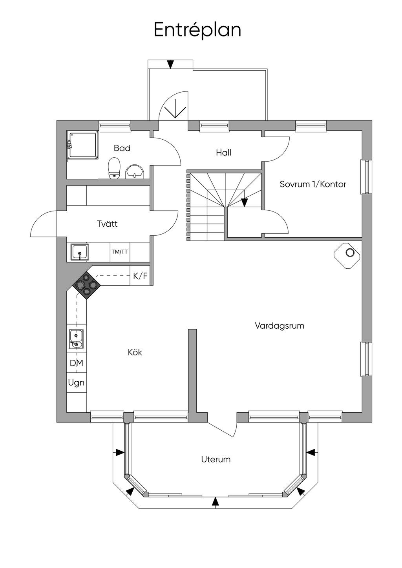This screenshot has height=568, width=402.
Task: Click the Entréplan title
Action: pyautogui.click(x=197, y=30)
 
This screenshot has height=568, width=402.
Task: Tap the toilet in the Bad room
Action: pyautogui.click(x=114, y=168)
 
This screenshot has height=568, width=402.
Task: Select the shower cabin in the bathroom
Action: pyautogui.click(x=83, y=145)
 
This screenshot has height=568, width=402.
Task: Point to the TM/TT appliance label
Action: pyautogui.click(x=120, y=252)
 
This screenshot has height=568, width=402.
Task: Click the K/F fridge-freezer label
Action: pyautogui.click(x=141, y=276)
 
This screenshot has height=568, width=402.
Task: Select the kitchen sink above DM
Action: pyautogui.click(x=76, y=339)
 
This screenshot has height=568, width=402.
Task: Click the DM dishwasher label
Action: pyautogui.click(x=77, y=363)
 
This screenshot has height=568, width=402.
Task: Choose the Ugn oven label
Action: pyautogui.click(x=76, y=382)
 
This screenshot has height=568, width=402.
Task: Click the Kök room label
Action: pyautogui.click(x=135, y=352)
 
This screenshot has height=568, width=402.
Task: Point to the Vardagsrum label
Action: pyautogui.click(x=280, y=326)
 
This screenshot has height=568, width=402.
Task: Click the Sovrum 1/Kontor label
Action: pyautogui.click(x=313, y=184)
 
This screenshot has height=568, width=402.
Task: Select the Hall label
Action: pyautogui.click(x=223, y=153)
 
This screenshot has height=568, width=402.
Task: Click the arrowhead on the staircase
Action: pyautogui.click(x=244, y=202)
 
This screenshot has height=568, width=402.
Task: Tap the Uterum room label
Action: pyautogui.click(x=216, y=459)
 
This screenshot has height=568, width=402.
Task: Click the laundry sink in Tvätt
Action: pyautogui.click(x=80, y=252)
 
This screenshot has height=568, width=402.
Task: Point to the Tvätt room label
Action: pyautogui.click(x=107, y=224)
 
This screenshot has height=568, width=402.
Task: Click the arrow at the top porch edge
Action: pyautogui.click(x=170, y=64)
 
